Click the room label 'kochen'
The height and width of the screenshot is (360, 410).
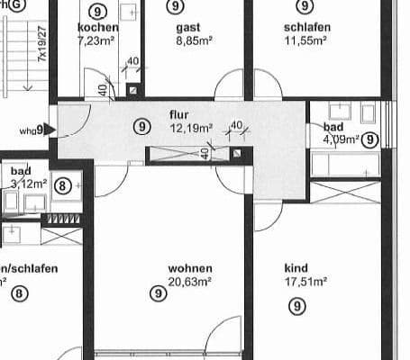coord(98,28)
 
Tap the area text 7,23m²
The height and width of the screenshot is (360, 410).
coord(98,40)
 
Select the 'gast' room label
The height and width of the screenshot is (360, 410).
coord(188,28)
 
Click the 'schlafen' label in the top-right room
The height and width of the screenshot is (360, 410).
coord(306,28)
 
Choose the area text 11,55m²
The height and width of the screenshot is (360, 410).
coord(308,40)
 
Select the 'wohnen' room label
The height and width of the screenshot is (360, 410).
coord(190,268)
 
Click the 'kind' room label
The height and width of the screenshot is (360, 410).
coord(296,268)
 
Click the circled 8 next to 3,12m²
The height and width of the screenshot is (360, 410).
coord(62,186)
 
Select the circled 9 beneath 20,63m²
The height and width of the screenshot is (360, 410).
coord(154,293)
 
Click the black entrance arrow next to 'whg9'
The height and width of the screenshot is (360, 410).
coord(50,130)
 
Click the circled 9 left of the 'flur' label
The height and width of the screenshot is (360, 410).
coord(141,126)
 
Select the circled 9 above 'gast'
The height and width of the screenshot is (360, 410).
coord(174,6)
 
